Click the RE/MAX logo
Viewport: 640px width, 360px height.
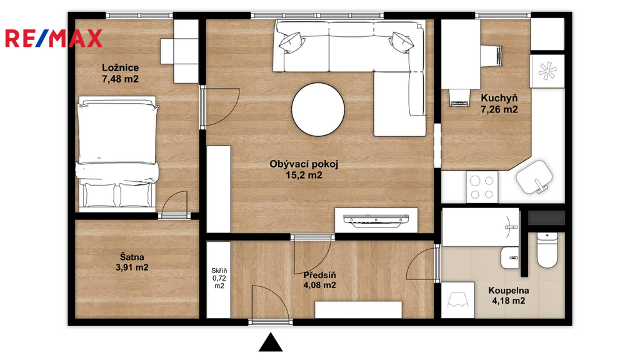54,38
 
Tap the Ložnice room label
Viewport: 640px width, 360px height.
121,67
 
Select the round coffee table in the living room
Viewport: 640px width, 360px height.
318,109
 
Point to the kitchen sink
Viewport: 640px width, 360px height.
535,177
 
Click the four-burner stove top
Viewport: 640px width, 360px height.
482,186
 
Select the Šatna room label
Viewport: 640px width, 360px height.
132,257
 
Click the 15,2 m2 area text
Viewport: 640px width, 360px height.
304,176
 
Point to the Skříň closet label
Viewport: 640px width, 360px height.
219,271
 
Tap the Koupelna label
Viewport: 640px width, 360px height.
509,291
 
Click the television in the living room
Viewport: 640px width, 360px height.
376,219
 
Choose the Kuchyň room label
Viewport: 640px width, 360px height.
499,98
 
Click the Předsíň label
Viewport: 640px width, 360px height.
319,275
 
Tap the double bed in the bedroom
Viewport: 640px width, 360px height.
117,152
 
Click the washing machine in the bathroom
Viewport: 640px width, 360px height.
458,300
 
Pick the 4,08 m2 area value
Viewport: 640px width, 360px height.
319,285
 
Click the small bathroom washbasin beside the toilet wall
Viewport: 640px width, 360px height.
510,257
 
